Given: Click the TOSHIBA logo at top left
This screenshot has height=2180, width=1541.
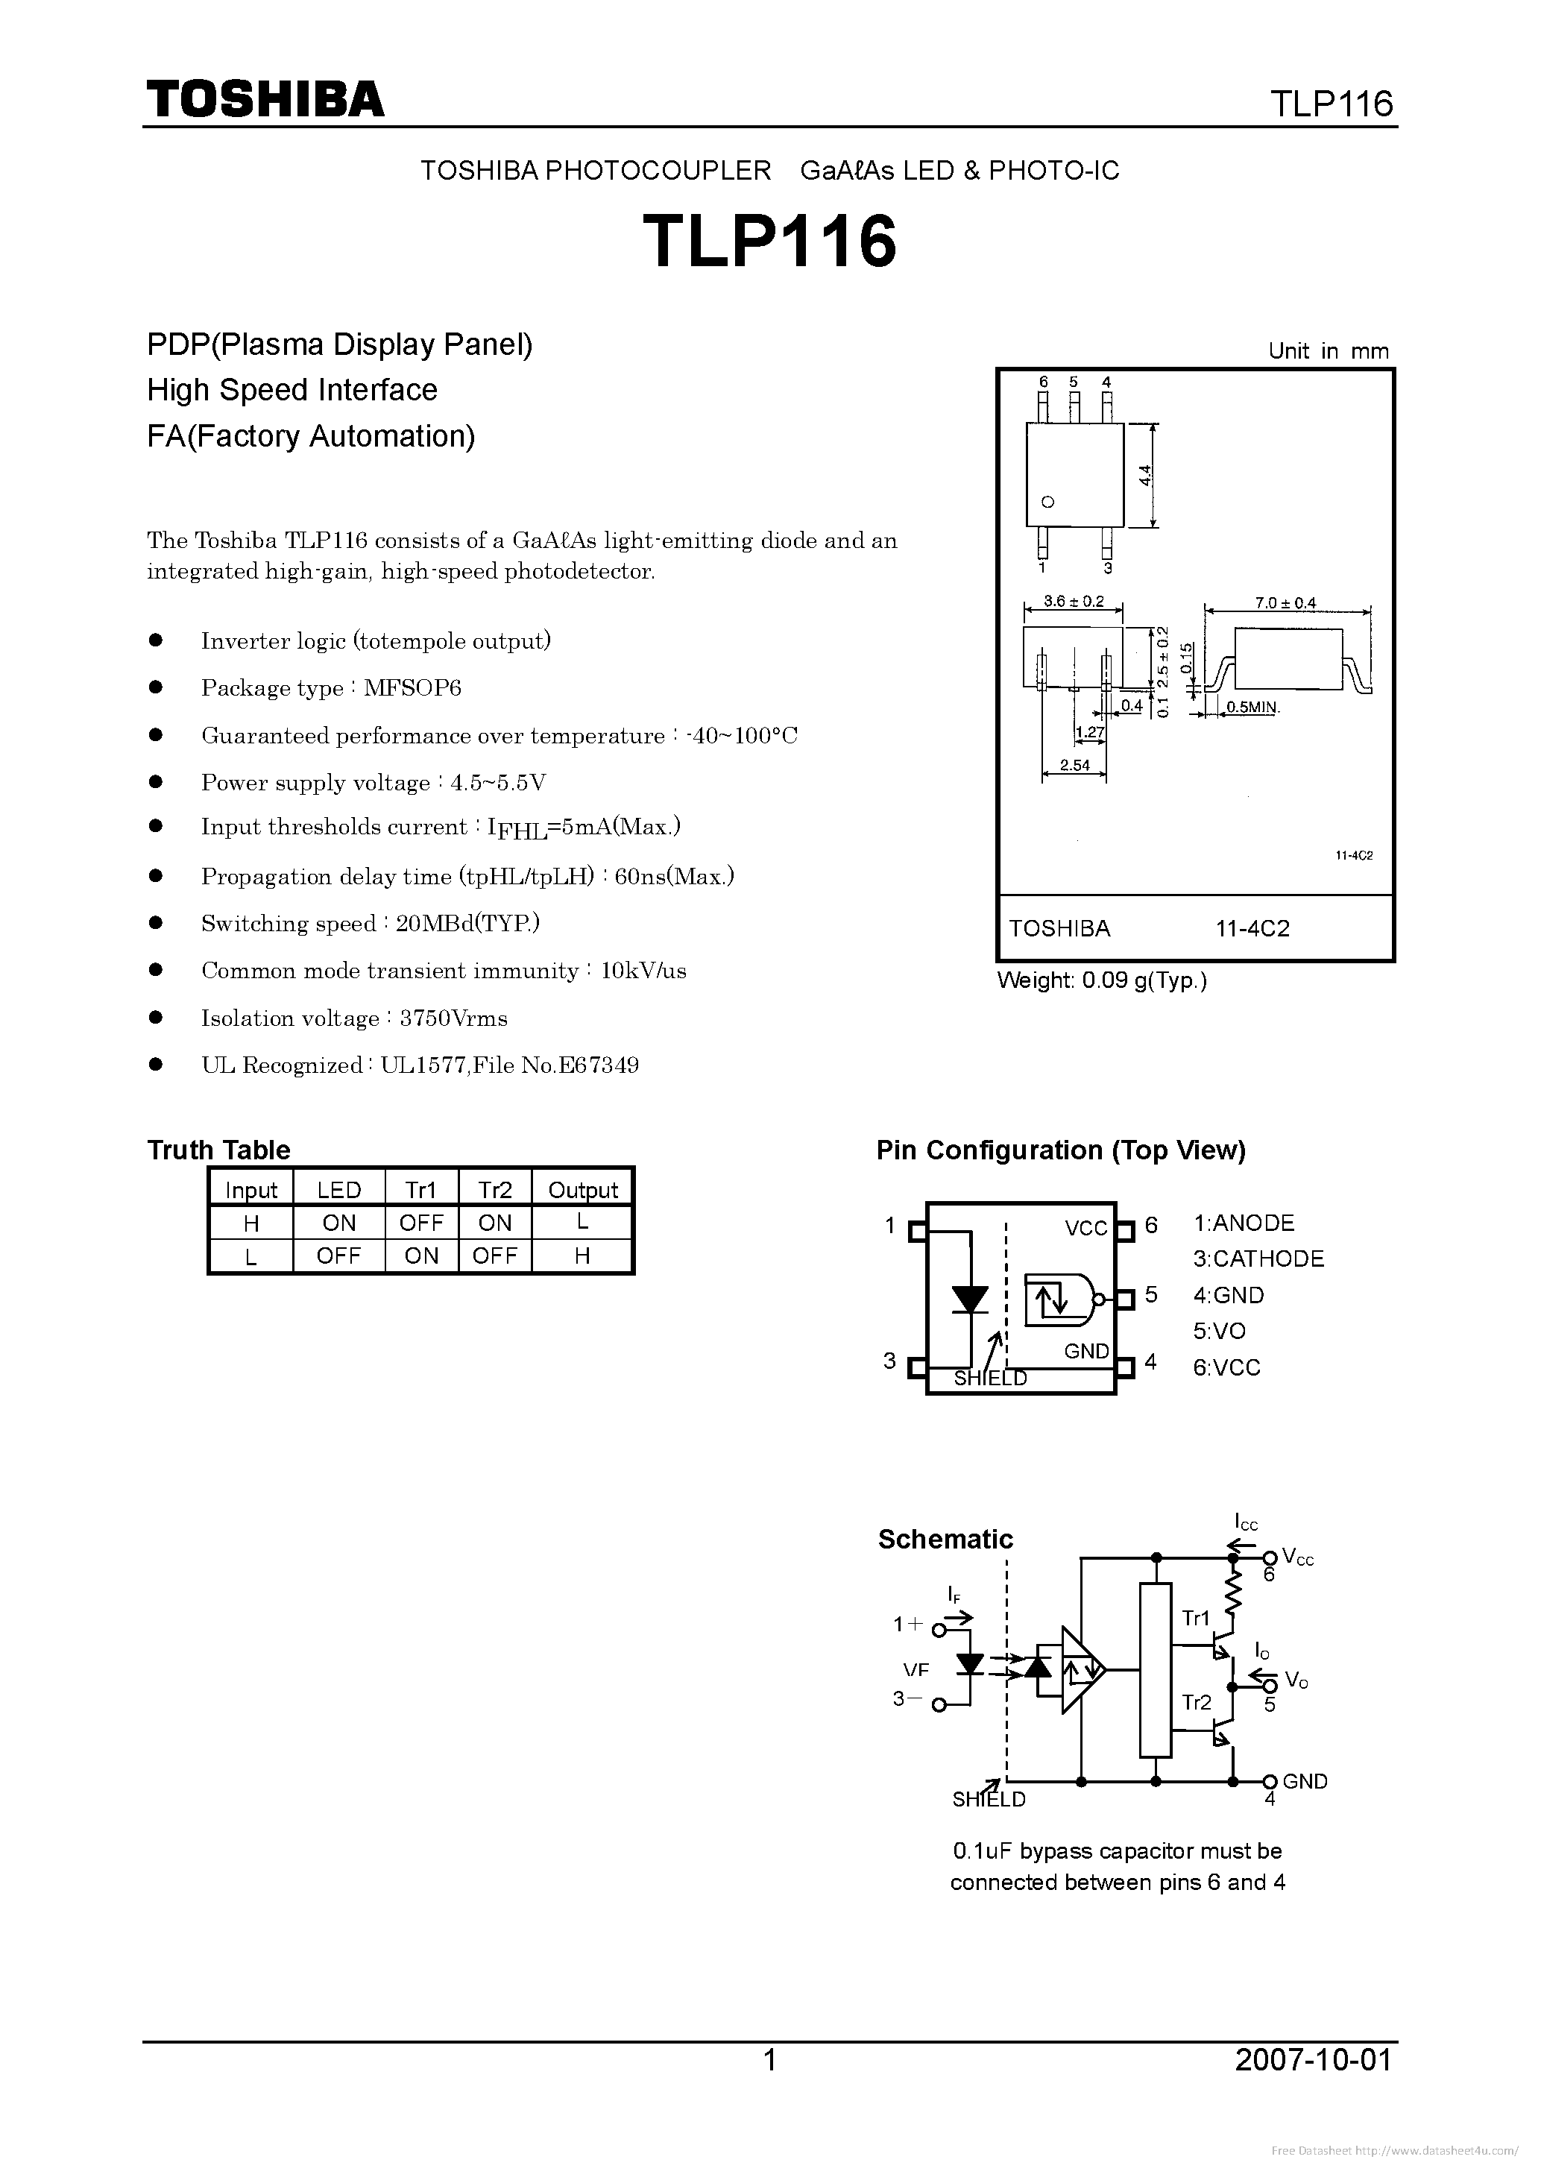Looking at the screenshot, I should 265,100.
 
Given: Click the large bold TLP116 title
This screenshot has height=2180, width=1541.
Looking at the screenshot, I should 769,241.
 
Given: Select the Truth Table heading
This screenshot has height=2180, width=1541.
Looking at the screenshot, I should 218,1150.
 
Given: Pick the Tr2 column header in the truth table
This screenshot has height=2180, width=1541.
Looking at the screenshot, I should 495,1190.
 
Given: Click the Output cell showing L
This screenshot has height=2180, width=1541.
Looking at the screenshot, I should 582,1222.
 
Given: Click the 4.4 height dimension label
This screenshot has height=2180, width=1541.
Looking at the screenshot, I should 1145,475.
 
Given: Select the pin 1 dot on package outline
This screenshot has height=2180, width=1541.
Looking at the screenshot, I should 1047,503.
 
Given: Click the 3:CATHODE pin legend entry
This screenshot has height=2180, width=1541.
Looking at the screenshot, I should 1258,1259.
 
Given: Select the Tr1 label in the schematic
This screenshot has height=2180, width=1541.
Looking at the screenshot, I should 1195,1618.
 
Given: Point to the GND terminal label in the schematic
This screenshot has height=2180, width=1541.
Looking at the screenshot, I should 1305,1781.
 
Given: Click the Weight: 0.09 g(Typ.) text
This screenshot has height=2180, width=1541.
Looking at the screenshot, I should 1101,981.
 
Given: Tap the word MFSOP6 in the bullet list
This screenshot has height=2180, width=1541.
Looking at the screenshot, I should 412,688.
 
